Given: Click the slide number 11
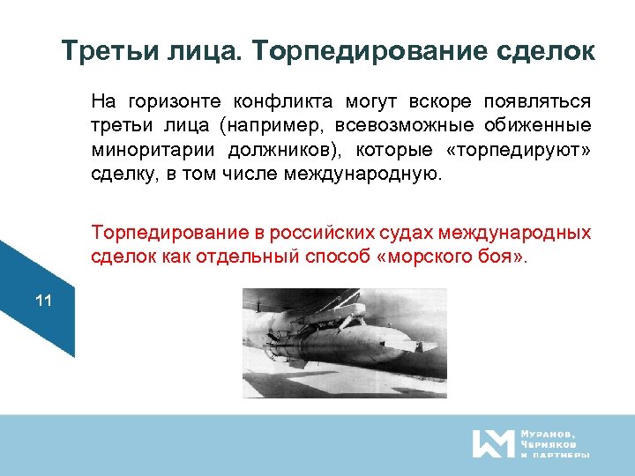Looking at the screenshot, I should (x=43, y=301).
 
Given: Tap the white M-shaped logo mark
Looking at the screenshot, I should (x=492, y=443).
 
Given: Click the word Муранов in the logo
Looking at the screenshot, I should (x=549, y=434).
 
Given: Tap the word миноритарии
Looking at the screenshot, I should (x=140, y=148).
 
